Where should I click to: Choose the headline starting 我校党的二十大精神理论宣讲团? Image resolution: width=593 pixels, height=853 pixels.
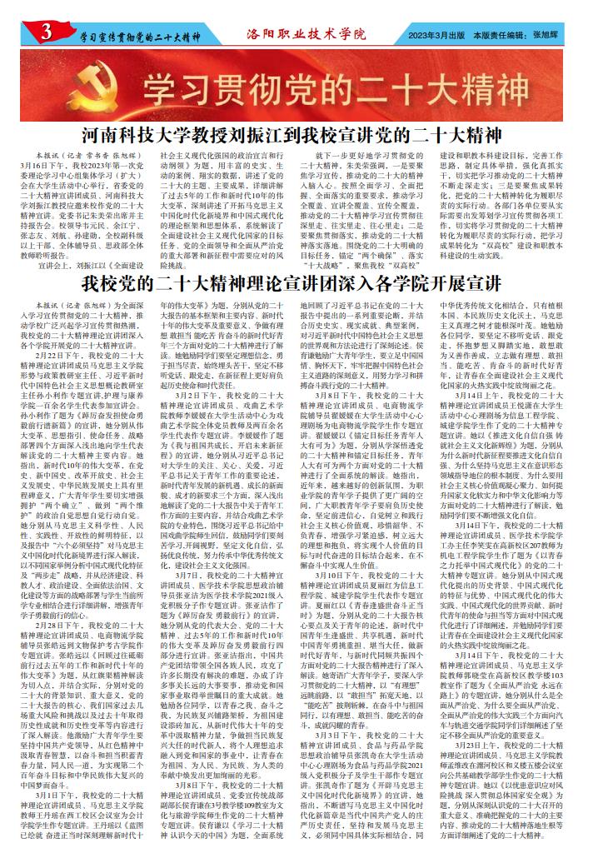[296, 278]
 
